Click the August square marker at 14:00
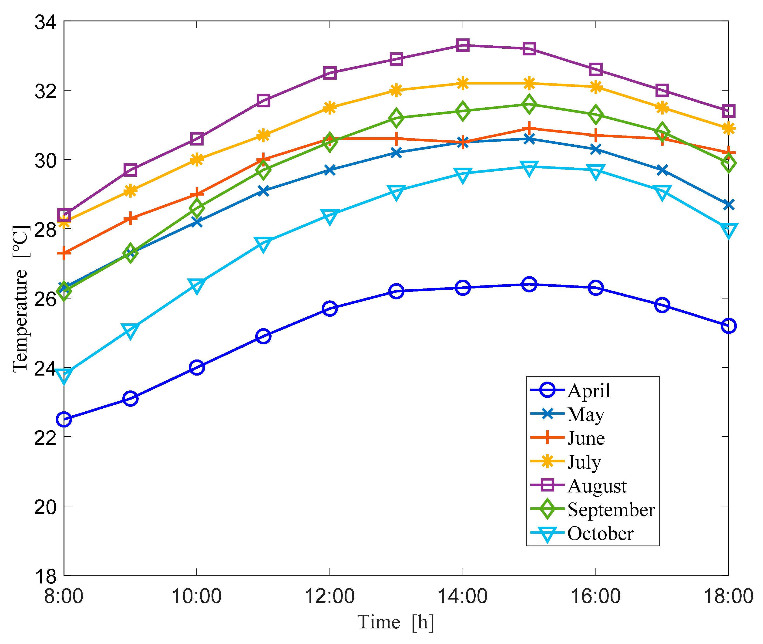463,45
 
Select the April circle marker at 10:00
197,367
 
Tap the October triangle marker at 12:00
329,216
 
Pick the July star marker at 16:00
595,87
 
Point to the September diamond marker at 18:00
728,163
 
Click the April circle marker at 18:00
728,326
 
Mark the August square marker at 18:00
728,111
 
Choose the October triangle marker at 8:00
64,375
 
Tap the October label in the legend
600,533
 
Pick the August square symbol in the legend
547,485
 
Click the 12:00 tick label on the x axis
329,597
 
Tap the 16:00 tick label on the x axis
595,597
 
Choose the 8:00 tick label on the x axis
64,597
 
